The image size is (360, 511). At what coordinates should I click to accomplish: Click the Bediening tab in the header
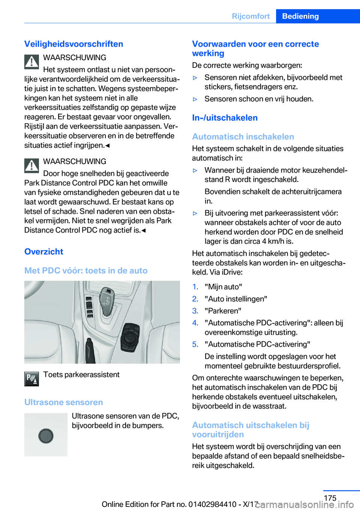click(300, 16)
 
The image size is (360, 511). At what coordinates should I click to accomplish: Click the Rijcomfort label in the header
click(250, 16)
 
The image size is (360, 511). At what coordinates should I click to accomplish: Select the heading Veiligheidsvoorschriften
click(73, 44)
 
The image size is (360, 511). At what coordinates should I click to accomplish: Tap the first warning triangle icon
click(32, 62)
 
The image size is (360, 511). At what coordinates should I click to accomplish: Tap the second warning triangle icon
click(32, 165)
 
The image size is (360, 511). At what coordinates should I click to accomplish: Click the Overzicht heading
click(44, 252)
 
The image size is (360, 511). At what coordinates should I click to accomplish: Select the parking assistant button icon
click(32, 379)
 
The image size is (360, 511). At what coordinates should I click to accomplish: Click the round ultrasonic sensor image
click(46, 436)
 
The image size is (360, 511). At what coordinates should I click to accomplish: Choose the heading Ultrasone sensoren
click(64, 402)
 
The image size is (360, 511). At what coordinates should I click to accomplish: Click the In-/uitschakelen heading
click(225, 118)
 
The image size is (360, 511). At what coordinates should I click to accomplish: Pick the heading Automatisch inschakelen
click(243, 137)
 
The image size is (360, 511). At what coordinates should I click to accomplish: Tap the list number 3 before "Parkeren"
click(195, 311)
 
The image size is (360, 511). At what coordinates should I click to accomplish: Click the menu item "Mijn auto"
click(223, 287)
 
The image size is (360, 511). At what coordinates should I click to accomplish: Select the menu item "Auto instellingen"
click(236, 299)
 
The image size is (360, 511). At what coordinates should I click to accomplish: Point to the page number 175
click(330, 498)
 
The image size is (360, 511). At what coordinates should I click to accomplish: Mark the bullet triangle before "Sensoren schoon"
click(195, 99)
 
